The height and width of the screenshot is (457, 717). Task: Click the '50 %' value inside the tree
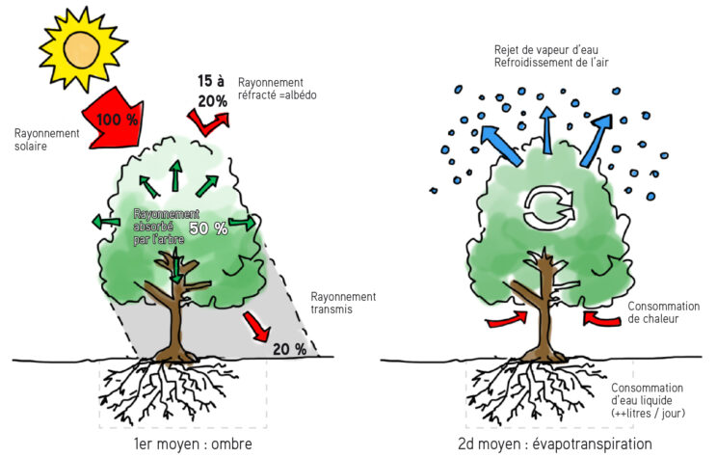[x=207, y=228]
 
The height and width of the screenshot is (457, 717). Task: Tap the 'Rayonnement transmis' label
[x=342, y=304]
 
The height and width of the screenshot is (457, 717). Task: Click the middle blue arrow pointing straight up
[x=548, y=129]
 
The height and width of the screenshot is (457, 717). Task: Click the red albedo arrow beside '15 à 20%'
[x=209, y=122]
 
